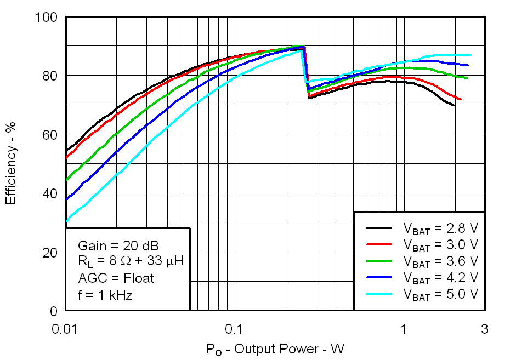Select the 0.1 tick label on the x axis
[234, 329]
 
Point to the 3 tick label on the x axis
[484, 329]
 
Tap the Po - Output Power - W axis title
[275, 348]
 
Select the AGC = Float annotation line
[116, 278]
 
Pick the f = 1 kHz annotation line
[105, 295]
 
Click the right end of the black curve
[454, 105]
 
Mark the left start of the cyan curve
[66, 221]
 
